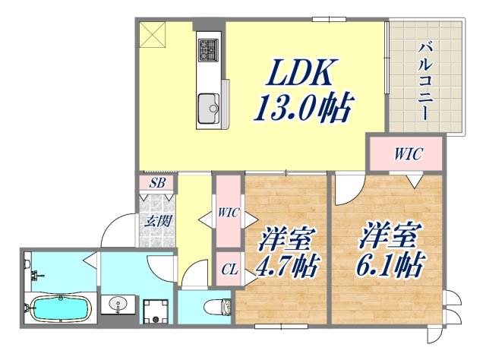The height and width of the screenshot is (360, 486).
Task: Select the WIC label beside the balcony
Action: [x=407, y=154]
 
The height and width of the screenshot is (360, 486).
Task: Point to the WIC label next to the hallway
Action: [x=229, y=213]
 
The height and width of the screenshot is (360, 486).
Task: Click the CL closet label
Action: [x=229, y=268]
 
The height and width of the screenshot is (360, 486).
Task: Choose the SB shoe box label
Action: [x=156, y=182]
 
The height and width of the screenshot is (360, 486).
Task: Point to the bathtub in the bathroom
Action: [x=59, y=309]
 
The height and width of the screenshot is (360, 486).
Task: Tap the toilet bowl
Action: [x=220, y=308]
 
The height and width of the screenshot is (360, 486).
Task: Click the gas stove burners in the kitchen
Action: [x=207, y=50]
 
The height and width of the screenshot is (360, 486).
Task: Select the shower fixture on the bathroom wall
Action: [x=28, y=266]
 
